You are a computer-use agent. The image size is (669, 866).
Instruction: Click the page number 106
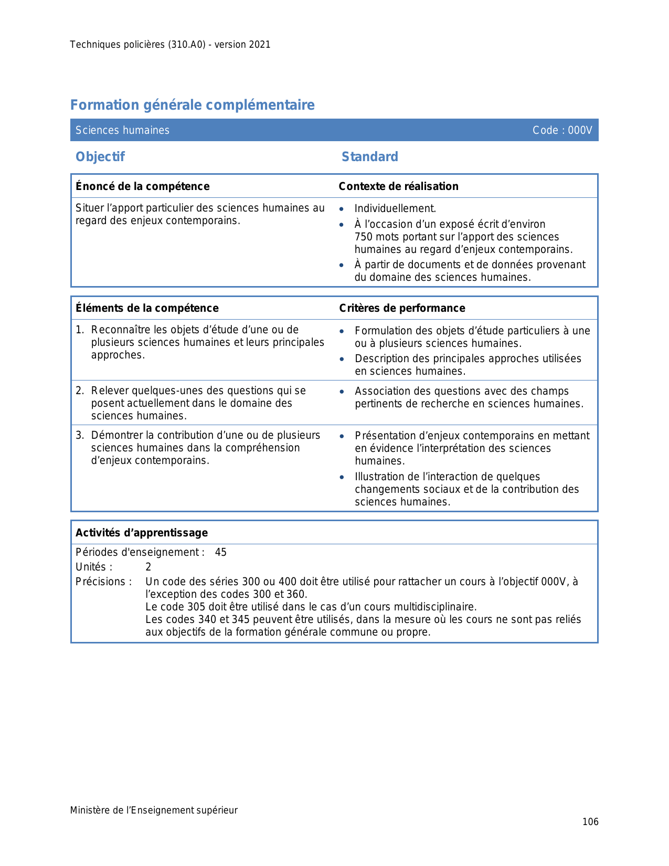click(x=590, y=822)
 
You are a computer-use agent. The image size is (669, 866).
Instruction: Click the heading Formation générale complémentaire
click(x=192, y=105)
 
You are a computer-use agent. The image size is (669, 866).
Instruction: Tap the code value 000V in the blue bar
click(x=580, y=130)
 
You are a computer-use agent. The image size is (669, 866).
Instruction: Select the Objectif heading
click(x=100, y=157)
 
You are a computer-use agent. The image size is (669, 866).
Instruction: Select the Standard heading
click(x=369, y=157)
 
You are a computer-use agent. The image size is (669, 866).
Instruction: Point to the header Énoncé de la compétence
click(x=142, y=186)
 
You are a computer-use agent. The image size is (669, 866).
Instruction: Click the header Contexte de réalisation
click(x=398, y=186)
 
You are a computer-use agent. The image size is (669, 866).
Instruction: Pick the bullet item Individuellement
click(x=395, y=209)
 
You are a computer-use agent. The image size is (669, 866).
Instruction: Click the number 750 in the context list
click(x=364, y=237)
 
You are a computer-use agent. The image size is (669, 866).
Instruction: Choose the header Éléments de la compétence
click(x=147, y=308)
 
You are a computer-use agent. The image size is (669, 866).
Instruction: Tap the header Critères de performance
click(x=402, y=308)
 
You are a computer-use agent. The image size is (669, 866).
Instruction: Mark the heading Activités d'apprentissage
click(x=142, y=533)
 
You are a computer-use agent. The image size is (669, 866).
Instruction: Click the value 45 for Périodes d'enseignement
click(x=220, y=553)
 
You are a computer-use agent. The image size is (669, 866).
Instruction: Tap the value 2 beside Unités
click(x=148, y=567)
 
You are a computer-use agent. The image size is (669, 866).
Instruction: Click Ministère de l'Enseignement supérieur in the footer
click(x=154, y=810)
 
